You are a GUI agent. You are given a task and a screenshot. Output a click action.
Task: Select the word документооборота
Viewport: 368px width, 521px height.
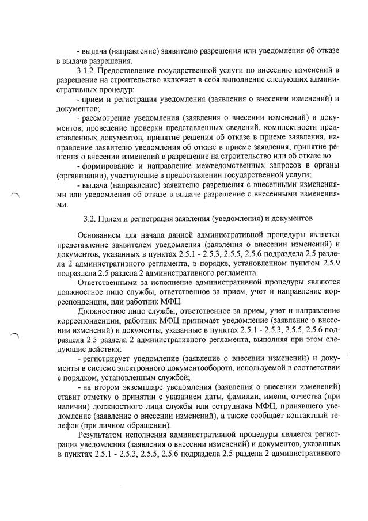point(191,368)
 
